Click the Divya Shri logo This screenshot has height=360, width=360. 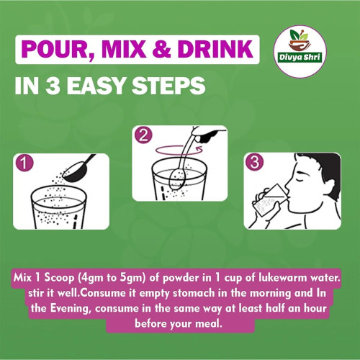click(x=300, y=52)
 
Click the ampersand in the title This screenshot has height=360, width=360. click(x=161, y=49)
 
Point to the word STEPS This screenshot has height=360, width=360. click(x=168, y=86)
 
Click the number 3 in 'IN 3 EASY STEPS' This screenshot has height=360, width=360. click(x=53, y=86)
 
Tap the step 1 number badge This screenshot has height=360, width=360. click(x=24, y=163)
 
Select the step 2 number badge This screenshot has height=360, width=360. click(x=143, y=135)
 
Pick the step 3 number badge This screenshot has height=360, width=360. click(x=255, y=162)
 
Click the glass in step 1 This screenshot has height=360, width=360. click(x=58, y=207)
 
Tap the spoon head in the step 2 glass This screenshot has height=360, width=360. click(x=177, y=179)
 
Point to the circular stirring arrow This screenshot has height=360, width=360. click(x=179, y=150)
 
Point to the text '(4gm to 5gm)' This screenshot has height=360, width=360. click(x=112, y=279)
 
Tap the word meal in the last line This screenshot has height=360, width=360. click(x=208, y=324)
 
